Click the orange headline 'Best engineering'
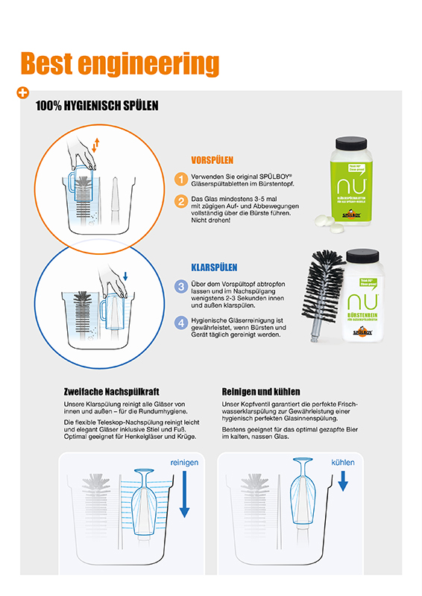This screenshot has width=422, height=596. (119, 64)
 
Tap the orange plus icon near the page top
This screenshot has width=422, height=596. (22, 93)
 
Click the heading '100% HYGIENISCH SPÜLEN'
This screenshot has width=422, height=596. (97, 106)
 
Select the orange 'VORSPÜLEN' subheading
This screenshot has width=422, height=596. (212, 159)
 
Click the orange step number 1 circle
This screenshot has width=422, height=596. (180, 179)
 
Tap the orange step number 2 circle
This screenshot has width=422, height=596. (180, 201)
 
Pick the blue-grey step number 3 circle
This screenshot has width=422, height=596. (180, 286)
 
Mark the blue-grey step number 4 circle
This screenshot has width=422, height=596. (180, 323)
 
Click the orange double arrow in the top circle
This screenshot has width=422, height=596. (95, 144)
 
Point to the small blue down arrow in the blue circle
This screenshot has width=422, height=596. (126, 276)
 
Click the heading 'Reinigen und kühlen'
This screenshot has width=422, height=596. (261, 391)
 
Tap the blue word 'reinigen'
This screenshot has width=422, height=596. (184, 463)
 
